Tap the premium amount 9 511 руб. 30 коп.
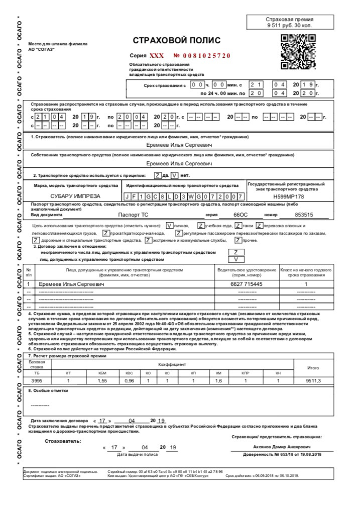click(290, 25)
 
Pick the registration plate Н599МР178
click(289, 196)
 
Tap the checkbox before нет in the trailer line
click(174, 175)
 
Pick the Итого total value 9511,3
click(313, 381)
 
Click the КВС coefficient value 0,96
click(129, 381)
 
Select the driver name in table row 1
click(76, 284)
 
